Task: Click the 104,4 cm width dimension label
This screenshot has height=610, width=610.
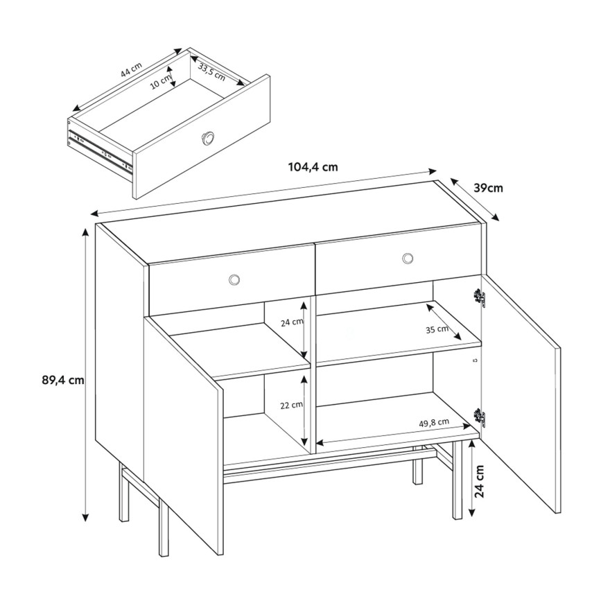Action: pyautogui.click(x=312, y=166)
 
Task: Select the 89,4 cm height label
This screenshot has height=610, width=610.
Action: pyautogui.click(x=62, y=379)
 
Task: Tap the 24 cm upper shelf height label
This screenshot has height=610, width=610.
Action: pyautogui.click(x=292, y=322)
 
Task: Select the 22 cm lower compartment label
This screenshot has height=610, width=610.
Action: pyautogui.click(x=292, y=405)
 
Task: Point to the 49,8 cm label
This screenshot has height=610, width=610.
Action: pyautogui.click(x=434, y=422)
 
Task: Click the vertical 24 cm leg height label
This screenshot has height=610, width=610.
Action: pyautogui.click(x=488, y=482)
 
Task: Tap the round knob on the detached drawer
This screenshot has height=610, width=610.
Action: pyautogui.click(x=208, y=137)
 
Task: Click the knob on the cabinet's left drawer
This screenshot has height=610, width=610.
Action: pyautogui.click(x=235, y=279)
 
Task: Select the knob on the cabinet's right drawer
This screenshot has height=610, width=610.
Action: pyautogui.click(x=407, y=259)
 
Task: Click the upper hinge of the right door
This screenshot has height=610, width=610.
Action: pyautogui.click(x=478, y=298)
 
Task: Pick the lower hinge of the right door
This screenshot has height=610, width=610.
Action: pyautogui.click(x=478, y=416)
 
